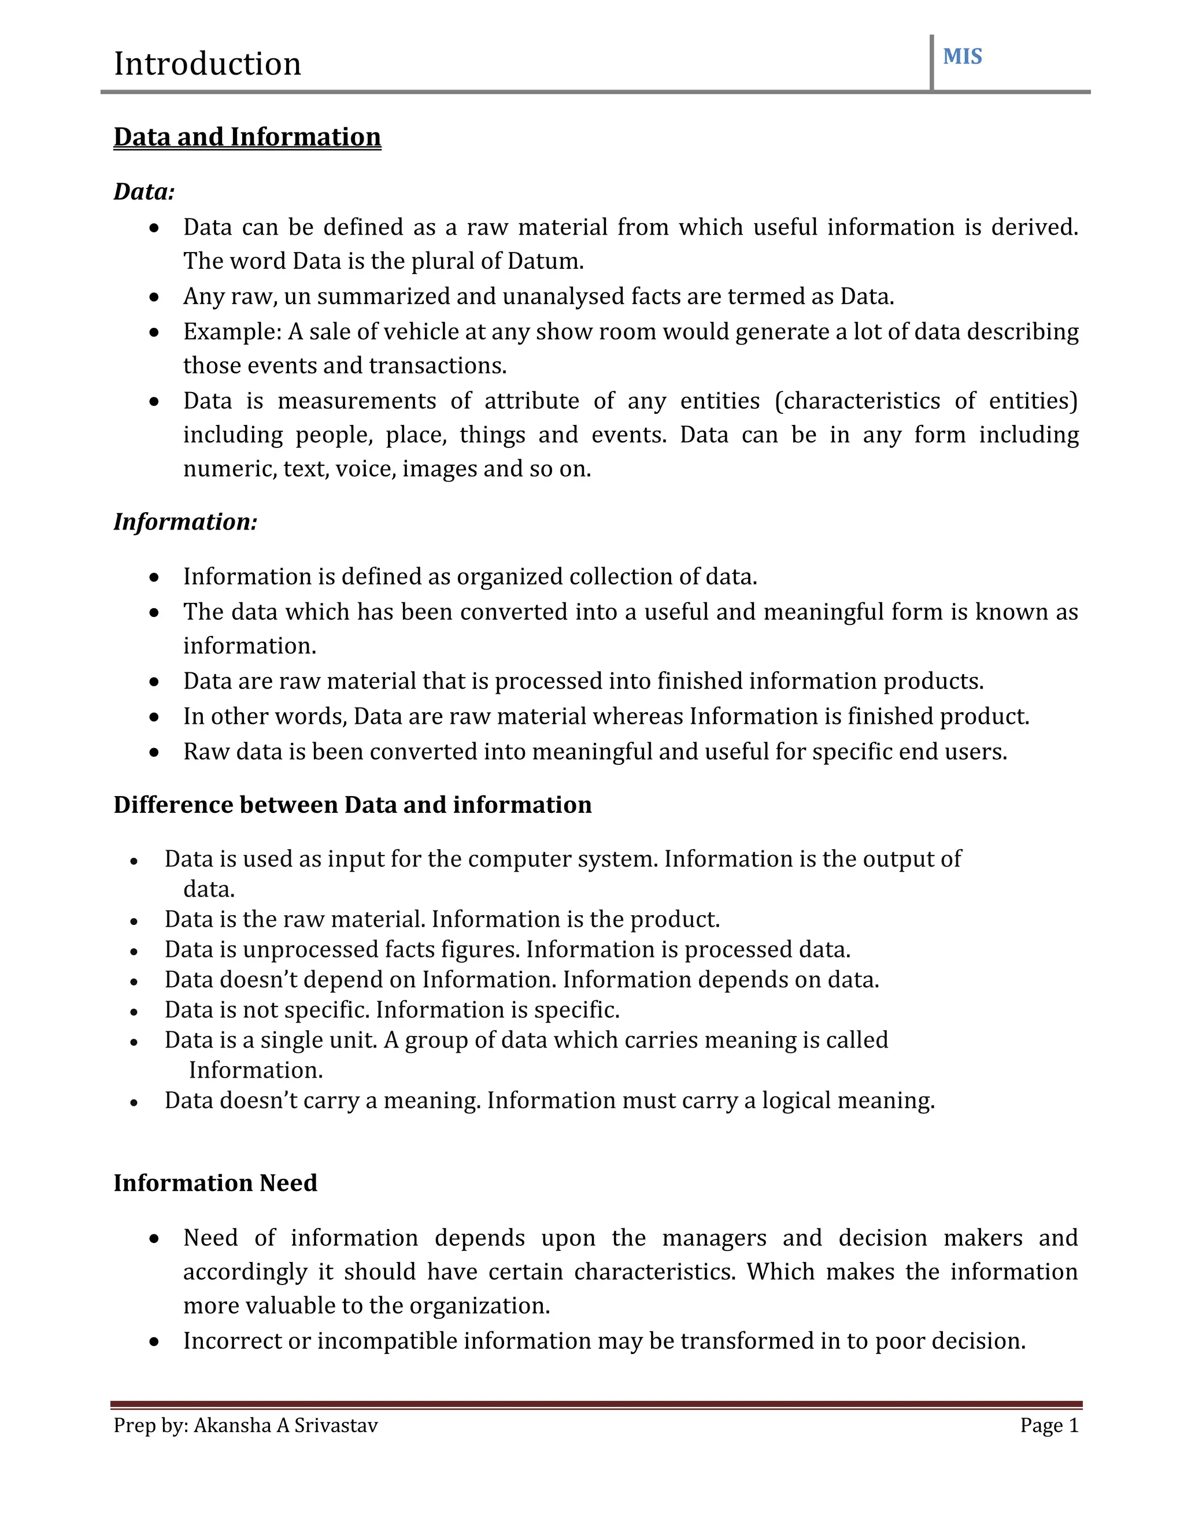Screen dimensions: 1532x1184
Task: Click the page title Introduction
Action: pyautogui.click(x=207, y=64)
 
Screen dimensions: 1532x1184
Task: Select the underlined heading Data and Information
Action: pyautogui.click(x=247, y=137)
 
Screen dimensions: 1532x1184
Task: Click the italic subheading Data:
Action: pyautogui.click(x=144, y=191)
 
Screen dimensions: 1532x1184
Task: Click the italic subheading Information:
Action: pyautogui.click(x=185, y=521)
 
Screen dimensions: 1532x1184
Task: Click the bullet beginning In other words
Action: pyautogui.click(x=606, y=716)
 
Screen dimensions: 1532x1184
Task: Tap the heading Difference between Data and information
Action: pyautogui.click(x=352, y=805)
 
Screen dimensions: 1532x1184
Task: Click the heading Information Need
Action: pyautogui.click(x=215, y=1183)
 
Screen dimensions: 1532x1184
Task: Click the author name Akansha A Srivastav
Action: pyautogui.click(x=286, y=1426)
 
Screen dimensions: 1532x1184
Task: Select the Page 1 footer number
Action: pyautogui.click(x=1049, y=1426)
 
